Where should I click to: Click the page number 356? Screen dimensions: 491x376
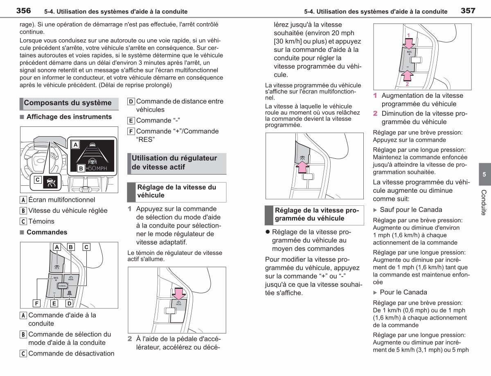tap(23, 11)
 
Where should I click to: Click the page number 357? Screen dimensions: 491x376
tap(468, 11)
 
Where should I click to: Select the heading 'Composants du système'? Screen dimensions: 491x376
tap(68, 103)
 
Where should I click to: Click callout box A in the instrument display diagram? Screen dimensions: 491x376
tap(75, 144)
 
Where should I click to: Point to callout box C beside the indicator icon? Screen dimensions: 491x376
tap(38, 180)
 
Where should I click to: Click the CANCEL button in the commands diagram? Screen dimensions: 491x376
tap(63, 286)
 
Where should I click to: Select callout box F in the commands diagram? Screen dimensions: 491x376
tap(36, 303)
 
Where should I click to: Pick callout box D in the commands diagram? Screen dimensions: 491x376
tap(70, 303)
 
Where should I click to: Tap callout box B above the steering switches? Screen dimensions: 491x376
tap(71, 247)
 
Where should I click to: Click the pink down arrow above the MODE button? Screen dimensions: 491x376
tap(179, 294)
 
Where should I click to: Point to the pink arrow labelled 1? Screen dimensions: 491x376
tap(409, 43)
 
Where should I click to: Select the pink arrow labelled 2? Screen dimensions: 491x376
tap(408, 75)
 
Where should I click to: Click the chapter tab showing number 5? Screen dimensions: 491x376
tap(485, 174)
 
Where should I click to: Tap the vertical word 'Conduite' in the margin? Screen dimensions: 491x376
tap(484, 203)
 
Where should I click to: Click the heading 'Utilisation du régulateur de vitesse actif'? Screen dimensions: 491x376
tap(174, 162)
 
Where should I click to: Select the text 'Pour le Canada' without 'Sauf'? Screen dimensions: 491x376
tap(403, 292)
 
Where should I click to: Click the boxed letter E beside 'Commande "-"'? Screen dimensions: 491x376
tap(131, 120)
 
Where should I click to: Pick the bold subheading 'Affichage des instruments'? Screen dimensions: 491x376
tap(69, 117)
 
